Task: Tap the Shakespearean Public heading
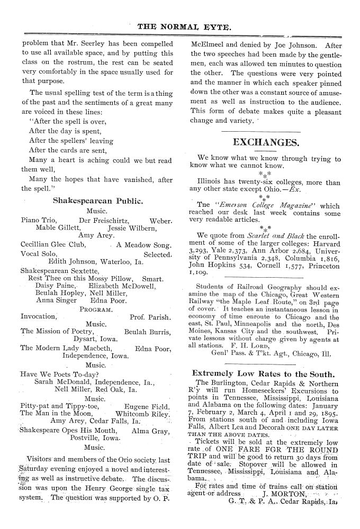(98, 200)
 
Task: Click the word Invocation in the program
(38, 316)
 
